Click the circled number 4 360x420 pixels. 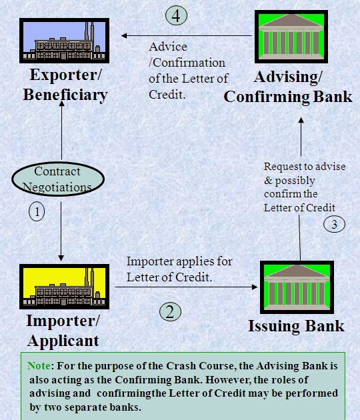tap(175, 15)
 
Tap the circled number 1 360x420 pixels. tap(37, 212)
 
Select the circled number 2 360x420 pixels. tap(171, 311)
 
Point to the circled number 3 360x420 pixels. tap(335, 224)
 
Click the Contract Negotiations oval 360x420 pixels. tap(57, 179)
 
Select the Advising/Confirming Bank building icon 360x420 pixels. tap(291, 37)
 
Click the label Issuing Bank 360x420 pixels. tap(296, 326)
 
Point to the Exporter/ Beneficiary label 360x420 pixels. tap(65, 85)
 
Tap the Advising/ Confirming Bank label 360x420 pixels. tap(288, 87)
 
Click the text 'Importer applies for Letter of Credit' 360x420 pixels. tap(180, 269)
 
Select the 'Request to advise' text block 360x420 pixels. tap(300, 187)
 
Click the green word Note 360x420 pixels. tap(39, 366)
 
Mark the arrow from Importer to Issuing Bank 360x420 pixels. tap(187, 287)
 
